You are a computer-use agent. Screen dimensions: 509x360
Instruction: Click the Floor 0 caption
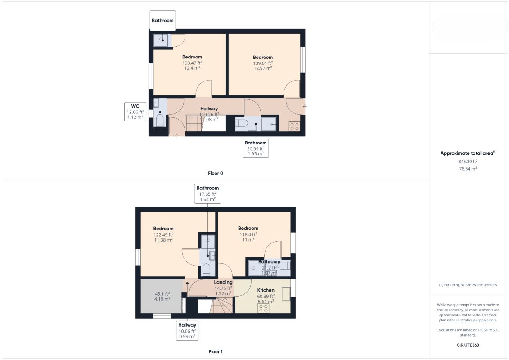[215, 173]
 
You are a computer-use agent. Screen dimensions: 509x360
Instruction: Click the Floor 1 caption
[216, 351]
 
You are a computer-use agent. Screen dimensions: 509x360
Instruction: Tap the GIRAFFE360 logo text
[468, 345]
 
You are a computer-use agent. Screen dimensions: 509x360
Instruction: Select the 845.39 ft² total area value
[468, 162]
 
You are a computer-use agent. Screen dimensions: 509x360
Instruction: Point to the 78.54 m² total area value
[468, 169]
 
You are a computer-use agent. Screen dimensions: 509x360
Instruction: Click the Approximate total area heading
[468, 153]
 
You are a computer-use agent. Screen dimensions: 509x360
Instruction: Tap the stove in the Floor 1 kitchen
[263, 308]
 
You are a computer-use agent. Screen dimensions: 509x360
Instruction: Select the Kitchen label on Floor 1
[266, 290]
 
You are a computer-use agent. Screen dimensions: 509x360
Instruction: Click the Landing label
[223, 282]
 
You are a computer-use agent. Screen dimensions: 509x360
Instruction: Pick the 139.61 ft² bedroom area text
[263, 63]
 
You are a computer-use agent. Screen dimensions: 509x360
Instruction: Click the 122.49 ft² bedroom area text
[163, 234]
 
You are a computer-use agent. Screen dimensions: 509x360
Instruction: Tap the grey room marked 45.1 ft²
[161, 296]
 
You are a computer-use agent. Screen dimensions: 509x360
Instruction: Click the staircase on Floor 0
[194, 123]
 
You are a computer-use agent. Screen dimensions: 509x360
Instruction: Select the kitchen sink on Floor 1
[286, 294]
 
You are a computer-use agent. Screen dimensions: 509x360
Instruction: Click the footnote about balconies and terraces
[468, 285]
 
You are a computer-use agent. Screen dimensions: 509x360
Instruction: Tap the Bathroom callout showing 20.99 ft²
[256, 148]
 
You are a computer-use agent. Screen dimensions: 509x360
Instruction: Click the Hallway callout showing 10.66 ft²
[187, 330]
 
